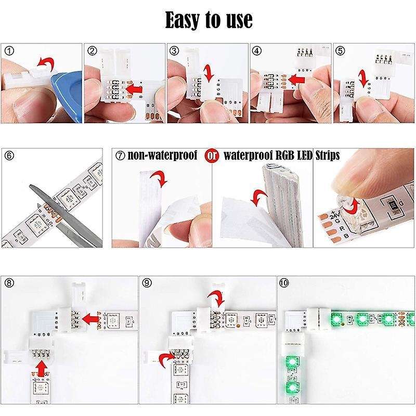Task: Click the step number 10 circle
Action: point(283,283)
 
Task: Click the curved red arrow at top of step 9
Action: point(215,298)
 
